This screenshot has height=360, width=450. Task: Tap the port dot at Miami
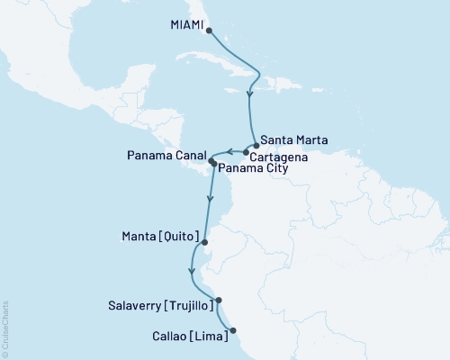coord(209,30)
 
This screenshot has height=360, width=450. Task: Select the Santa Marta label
coord(294,141)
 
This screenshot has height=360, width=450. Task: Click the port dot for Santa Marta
coord(256,146)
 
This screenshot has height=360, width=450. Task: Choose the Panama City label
coord(255,168)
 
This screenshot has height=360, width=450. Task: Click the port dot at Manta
coord(206,241)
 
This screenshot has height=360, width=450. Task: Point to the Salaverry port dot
coord(219,301)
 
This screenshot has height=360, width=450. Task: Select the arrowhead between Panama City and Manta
coord(211,199)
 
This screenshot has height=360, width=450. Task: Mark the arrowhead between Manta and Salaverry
coord(191,270)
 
